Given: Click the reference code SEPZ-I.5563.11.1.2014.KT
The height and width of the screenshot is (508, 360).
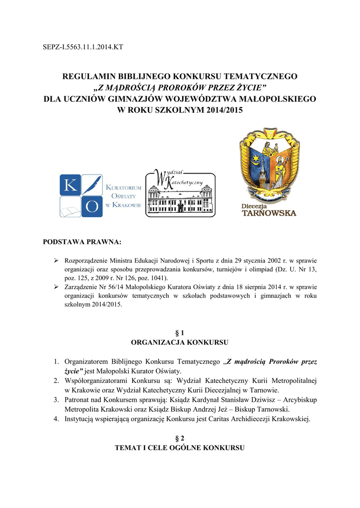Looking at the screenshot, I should pyautogui.click(x=83, y=48).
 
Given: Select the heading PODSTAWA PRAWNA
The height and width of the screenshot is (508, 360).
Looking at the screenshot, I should pyautogui.click(x=82, y=243).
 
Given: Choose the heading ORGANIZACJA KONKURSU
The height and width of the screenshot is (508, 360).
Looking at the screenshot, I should pyautogui.click(x=180, y=342).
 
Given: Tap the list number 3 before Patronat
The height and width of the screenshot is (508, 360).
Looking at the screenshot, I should pyautogui.click(x=57, y=400).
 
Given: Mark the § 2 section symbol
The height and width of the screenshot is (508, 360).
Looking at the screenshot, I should pyautogui.click(x=180, y=438).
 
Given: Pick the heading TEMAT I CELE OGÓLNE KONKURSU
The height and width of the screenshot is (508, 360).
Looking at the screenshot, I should pyautogui.click(x=180, y=447).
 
